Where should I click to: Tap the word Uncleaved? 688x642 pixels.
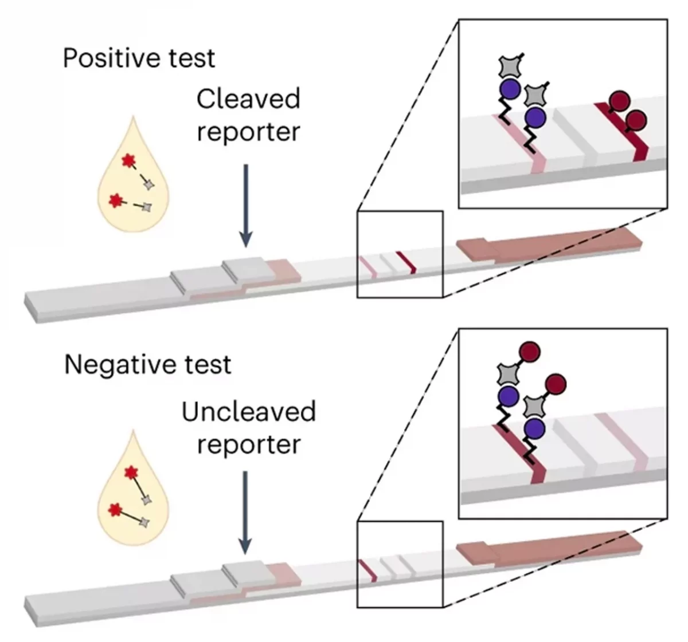248,412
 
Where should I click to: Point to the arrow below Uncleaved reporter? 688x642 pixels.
245,513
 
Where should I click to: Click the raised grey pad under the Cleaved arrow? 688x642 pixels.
244,270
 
